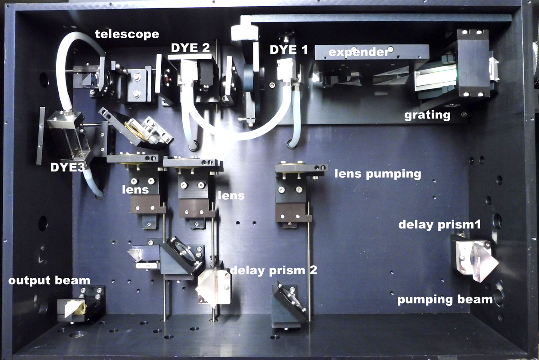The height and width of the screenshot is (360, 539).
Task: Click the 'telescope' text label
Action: [x=127, y=34]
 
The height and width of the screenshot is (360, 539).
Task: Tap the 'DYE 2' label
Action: [x=191, y=48]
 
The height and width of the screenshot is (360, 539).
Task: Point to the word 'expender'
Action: [x=358, y=52]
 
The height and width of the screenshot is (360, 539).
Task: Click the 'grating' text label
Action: [x=427, y=115]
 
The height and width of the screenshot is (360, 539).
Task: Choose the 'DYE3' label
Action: [x=68, y=168]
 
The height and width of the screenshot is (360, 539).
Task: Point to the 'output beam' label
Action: [x=49, y=281]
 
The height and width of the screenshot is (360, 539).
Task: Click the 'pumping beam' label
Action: [x=445, y=299]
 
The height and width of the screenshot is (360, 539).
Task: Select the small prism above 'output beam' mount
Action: [x=74, y=308]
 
